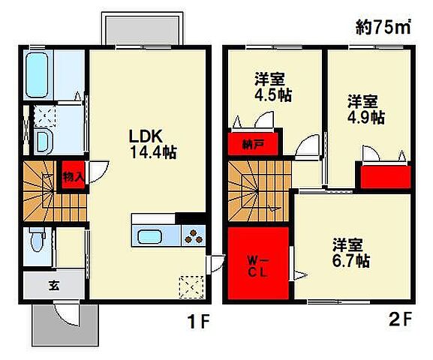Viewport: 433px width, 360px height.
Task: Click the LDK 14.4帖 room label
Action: click(152, 145)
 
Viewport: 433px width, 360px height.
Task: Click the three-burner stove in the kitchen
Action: click(193, 236)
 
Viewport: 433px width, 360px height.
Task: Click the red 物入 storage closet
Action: click(71, 178)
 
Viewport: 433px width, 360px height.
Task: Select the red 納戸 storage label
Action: click(251, 142)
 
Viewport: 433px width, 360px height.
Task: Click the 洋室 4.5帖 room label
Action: click(272, 86)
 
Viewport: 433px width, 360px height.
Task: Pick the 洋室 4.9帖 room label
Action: click(366, 109)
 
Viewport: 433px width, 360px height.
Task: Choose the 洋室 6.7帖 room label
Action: click(351, 253)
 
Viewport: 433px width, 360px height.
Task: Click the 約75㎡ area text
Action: click(382, 28)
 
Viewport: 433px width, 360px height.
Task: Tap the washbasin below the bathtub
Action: click(42, 142)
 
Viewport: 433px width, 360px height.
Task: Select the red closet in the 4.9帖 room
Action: click(384, 176)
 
